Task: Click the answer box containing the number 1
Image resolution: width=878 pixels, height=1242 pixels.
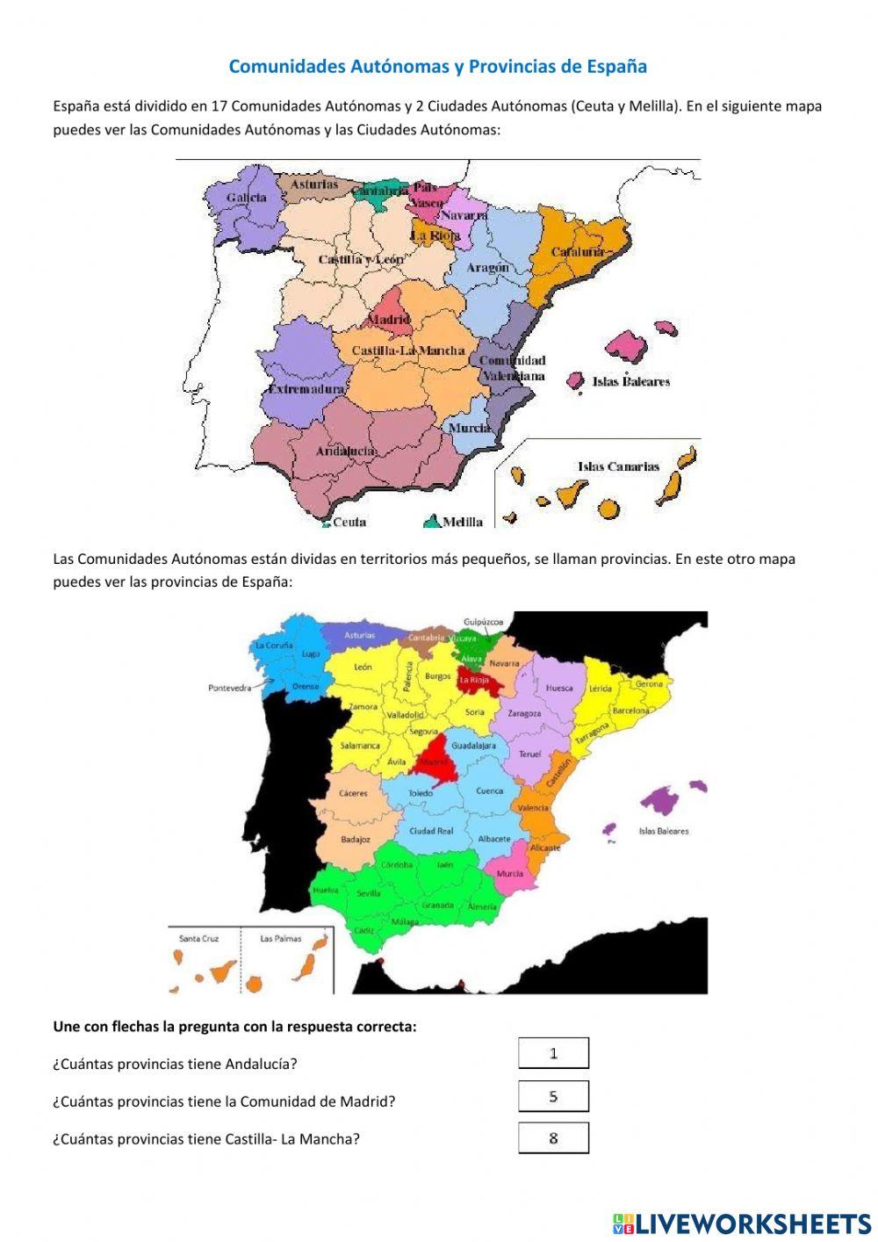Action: click(x=553, y=1053)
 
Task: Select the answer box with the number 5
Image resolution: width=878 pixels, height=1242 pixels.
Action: click(x=553, y=1096)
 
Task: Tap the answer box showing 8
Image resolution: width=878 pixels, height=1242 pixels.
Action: click(x=553, y=1138)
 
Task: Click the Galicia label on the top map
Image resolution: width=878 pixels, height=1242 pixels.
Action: click(x=246, y=198)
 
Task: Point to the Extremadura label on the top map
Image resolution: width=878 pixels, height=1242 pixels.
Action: click(x=306, y=389)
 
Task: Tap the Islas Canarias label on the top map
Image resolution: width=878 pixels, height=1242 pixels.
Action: click(x=618, y=466)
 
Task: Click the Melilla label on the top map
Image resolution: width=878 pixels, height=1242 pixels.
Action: click(x=462, y=522)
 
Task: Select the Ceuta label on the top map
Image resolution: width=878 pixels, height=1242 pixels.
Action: click(x=349, y=522)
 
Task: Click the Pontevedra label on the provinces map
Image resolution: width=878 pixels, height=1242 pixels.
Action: click(x=230, y=688)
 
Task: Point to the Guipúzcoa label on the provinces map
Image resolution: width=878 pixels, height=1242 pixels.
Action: click(x=484, y=621)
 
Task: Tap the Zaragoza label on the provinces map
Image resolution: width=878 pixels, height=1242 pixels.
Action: click(x=524, y=713)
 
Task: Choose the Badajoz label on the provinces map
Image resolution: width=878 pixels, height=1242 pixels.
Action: click(x=356, y=839)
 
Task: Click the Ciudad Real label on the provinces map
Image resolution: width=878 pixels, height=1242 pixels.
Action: click(x=431, y=830)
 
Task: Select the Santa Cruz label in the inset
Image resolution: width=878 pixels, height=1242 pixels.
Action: click(x=198, y=938)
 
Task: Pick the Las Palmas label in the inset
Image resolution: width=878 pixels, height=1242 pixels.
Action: click(x=280, y=938)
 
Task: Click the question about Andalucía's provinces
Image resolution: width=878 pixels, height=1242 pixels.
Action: click(x=175, y=1064)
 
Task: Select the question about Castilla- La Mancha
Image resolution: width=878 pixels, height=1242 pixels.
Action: click(x=206, y=1139)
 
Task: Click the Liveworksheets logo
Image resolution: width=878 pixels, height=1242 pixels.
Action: click(x=742, y=1223)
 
